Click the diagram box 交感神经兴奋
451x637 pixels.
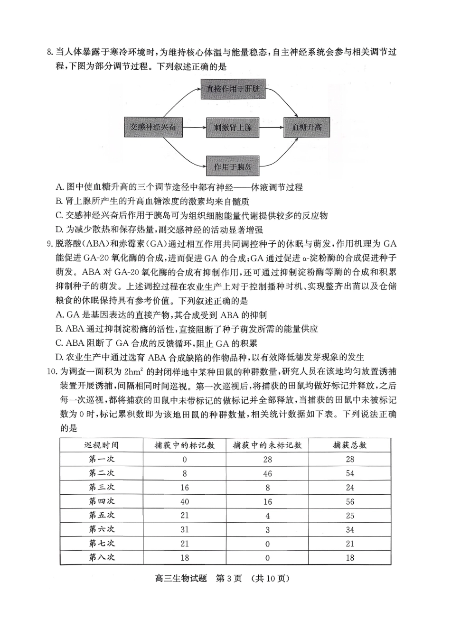[x=153, y=127]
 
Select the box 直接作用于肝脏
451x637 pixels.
[x=233, y=89]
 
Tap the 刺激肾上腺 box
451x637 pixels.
[x=233, y=128]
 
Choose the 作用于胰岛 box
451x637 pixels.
[x=233, y=166]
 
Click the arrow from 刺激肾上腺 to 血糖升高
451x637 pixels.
[x=272, y=128]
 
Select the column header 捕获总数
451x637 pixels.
[x=350, y=445]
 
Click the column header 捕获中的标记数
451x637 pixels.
[x=185, y=445]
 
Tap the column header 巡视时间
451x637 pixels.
[x=102, y=445]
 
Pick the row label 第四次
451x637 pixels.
[x=102, y=501]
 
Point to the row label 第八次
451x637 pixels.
[x=102, y=557]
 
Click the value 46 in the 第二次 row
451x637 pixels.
[x=267, y=473]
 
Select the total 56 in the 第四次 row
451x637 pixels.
[x=350, y=501]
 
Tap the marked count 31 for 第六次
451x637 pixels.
[x=185, y=529]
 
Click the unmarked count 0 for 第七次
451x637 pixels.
[x=267, y=544]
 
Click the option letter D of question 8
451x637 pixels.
[x=59, y=230]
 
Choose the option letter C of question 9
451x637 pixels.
[x=59, y=343]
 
